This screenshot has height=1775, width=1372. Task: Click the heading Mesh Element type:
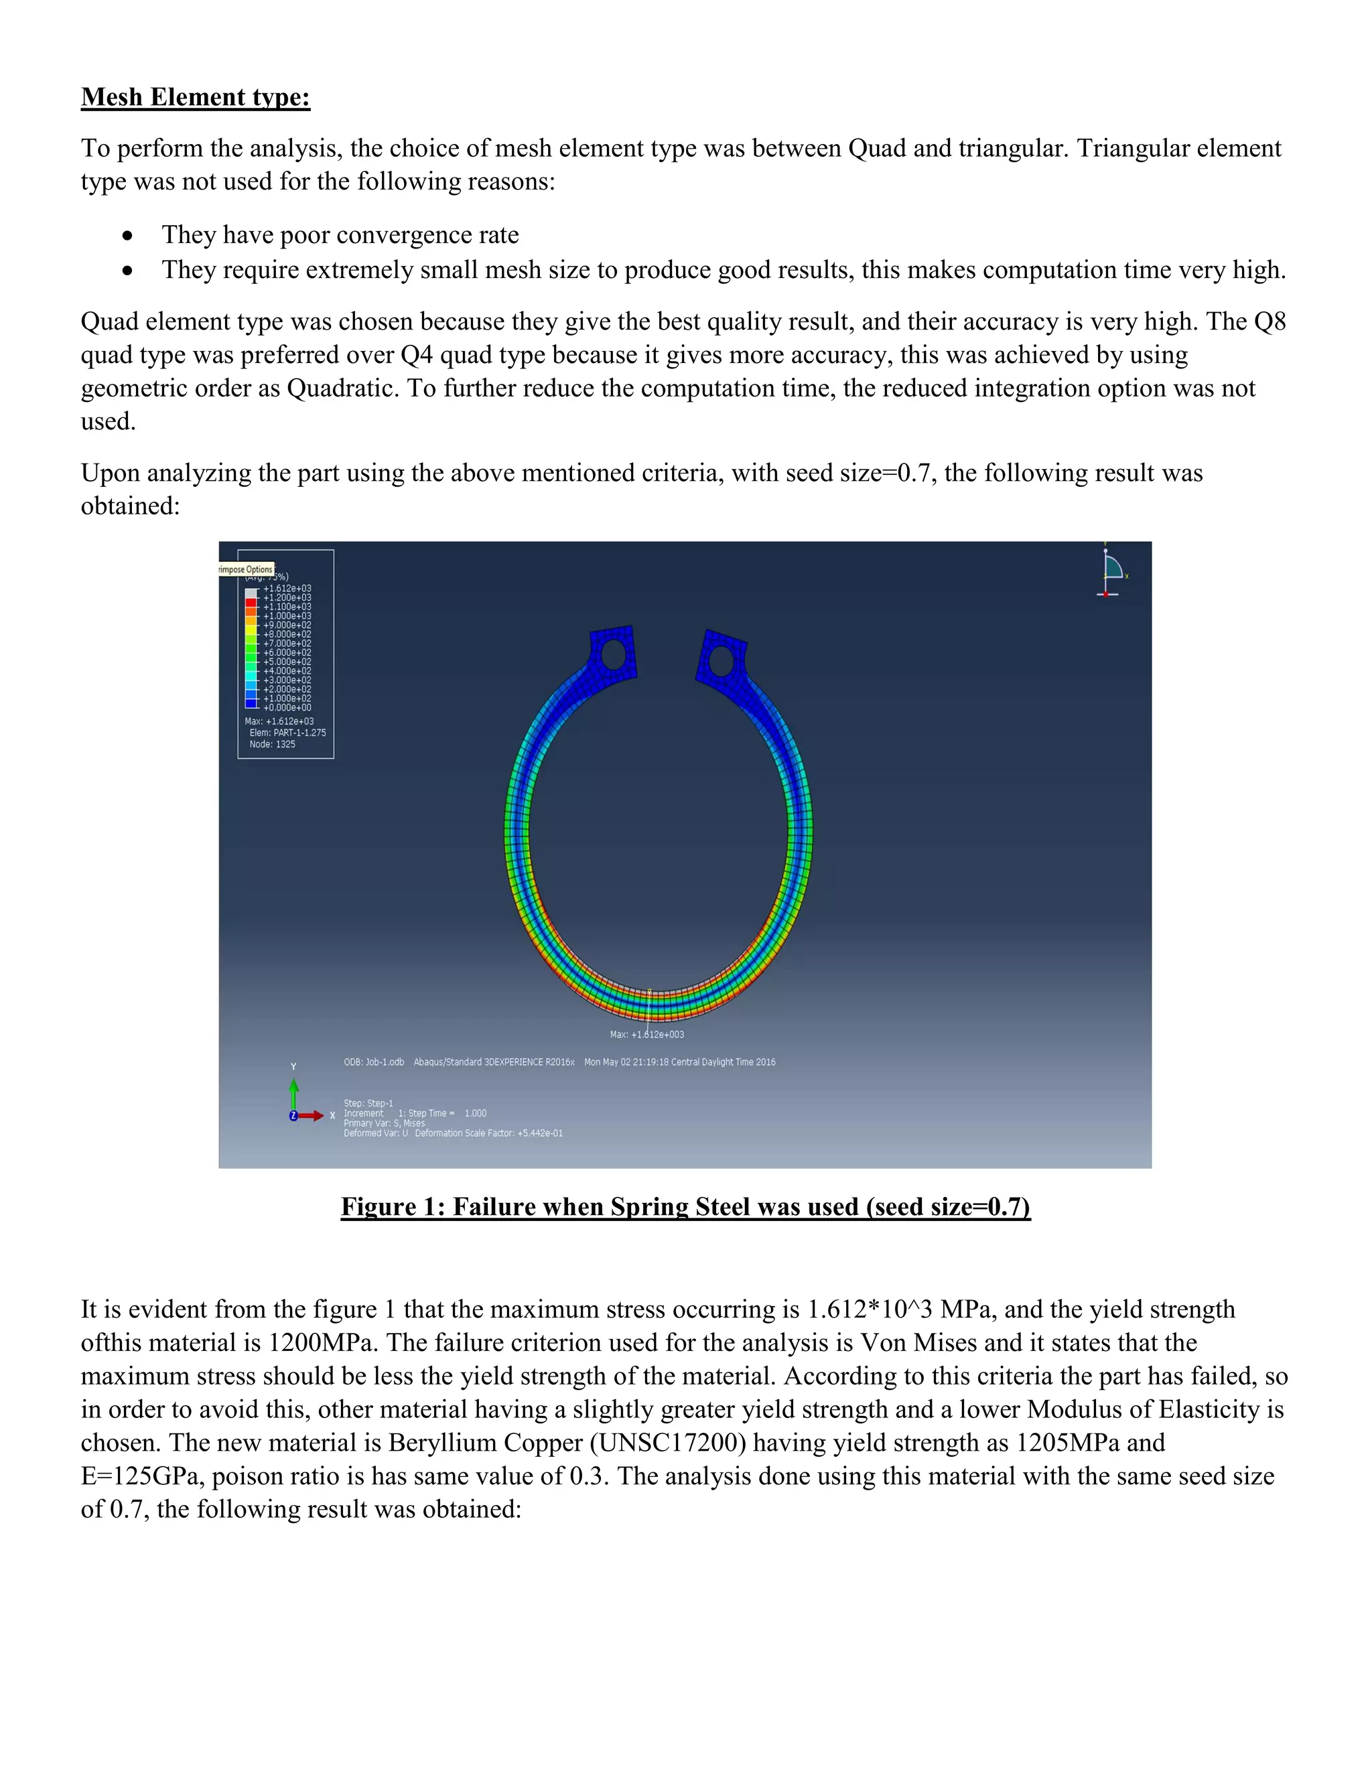[x=195, y=98]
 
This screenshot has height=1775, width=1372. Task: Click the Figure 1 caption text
[x=685, y=1207]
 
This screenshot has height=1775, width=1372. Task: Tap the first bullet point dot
[x=127, y=236]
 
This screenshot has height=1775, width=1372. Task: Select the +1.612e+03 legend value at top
[x=287, y=588]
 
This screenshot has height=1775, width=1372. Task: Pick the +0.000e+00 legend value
[x=287, y=708]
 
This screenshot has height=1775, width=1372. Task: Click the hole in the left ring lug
[x=613, y=654]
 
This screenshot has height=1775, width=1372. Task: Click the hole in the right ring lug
[x=721, y=660]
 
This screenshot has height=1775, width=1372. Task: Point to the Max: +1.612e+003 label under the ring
[x=647, y=1035]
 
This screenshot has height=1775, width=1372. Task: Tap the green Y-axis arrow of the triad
[x=293, y=1092]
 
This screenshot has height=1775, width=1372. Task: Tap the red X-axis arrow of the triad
[x=312, y=1116]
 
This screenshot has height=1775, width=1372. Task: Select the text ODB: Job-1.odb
[x=374, y=1062]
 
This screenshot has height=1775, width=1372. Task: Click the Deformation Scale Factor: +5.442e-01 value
[x=488, y=1133]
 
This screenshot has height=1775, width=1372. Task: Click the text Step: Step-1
[x=368, y=1104]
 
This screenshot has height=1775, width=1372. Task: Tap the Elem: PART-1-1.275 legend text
[x=287, y=733]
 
